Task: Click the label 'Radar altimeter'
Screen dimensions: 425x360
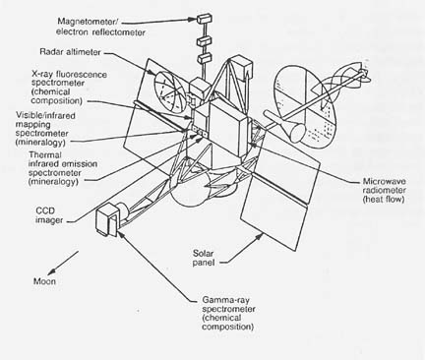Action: (70, 52)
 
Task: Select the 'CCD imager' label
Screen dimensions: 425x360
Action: (49, 215)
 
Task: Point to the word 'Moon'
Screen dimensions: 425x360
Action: (44, 281)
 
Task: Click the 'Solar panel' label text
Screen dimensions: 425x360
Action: (204, 258)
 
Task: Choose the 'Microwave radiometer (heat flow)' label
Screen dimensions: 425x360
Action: (384, 190)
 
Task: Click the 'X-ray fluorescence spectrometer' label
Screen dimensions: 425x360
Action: (69, 88)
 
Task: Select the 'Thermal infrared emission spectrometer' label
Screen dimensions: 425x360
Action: (63, 168)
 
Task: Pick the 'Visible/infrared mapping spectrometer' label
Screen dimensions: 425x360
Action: (45, 129)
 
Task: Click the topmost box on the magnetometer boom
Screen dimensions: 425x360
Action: (204, 19)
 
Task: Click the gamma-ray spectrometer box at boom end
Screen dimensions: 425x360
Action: (106, 218)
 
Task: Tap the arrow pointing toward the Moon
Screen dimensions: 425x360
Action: (63, 264)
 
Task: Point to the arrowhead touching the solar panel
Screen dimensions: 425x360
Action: (260, 236)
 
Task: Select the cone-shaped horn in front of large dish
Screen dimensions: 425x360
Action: (297, 130)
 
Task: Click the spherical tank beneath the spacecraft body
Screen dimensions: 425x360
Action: (189, 191)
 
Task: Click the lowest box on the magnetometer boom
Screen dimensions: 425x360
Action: (205, 58)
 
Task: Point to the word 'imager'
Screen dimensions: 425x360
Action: (49, 220)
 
